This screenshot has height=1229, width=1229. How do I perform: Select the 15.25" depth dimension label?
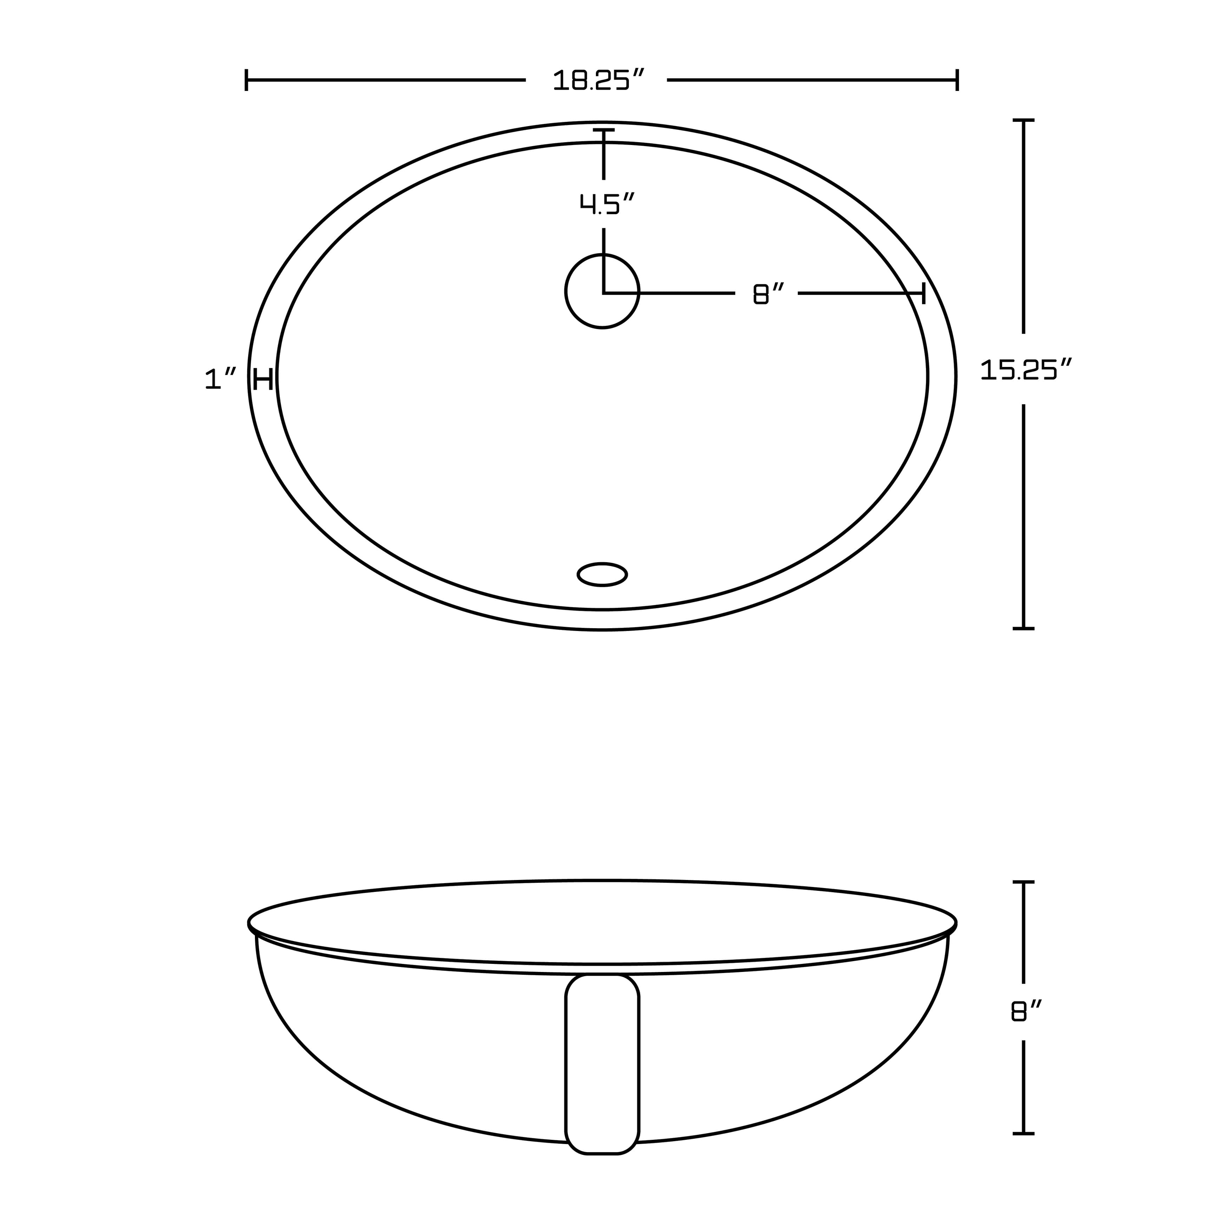(x=1026, y=370)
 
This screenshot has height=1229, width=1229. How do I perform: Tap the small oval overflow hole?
(x=602, y=574)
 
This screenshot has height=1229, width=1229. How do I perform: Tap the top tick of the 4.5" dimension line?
(x=604, y=130)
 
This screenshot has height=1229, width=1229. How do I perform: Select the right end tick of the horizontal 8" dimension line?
(x=923, y=294)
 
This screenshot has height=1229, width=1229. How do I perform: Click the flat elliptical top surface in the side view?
(x=602, y=922)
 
